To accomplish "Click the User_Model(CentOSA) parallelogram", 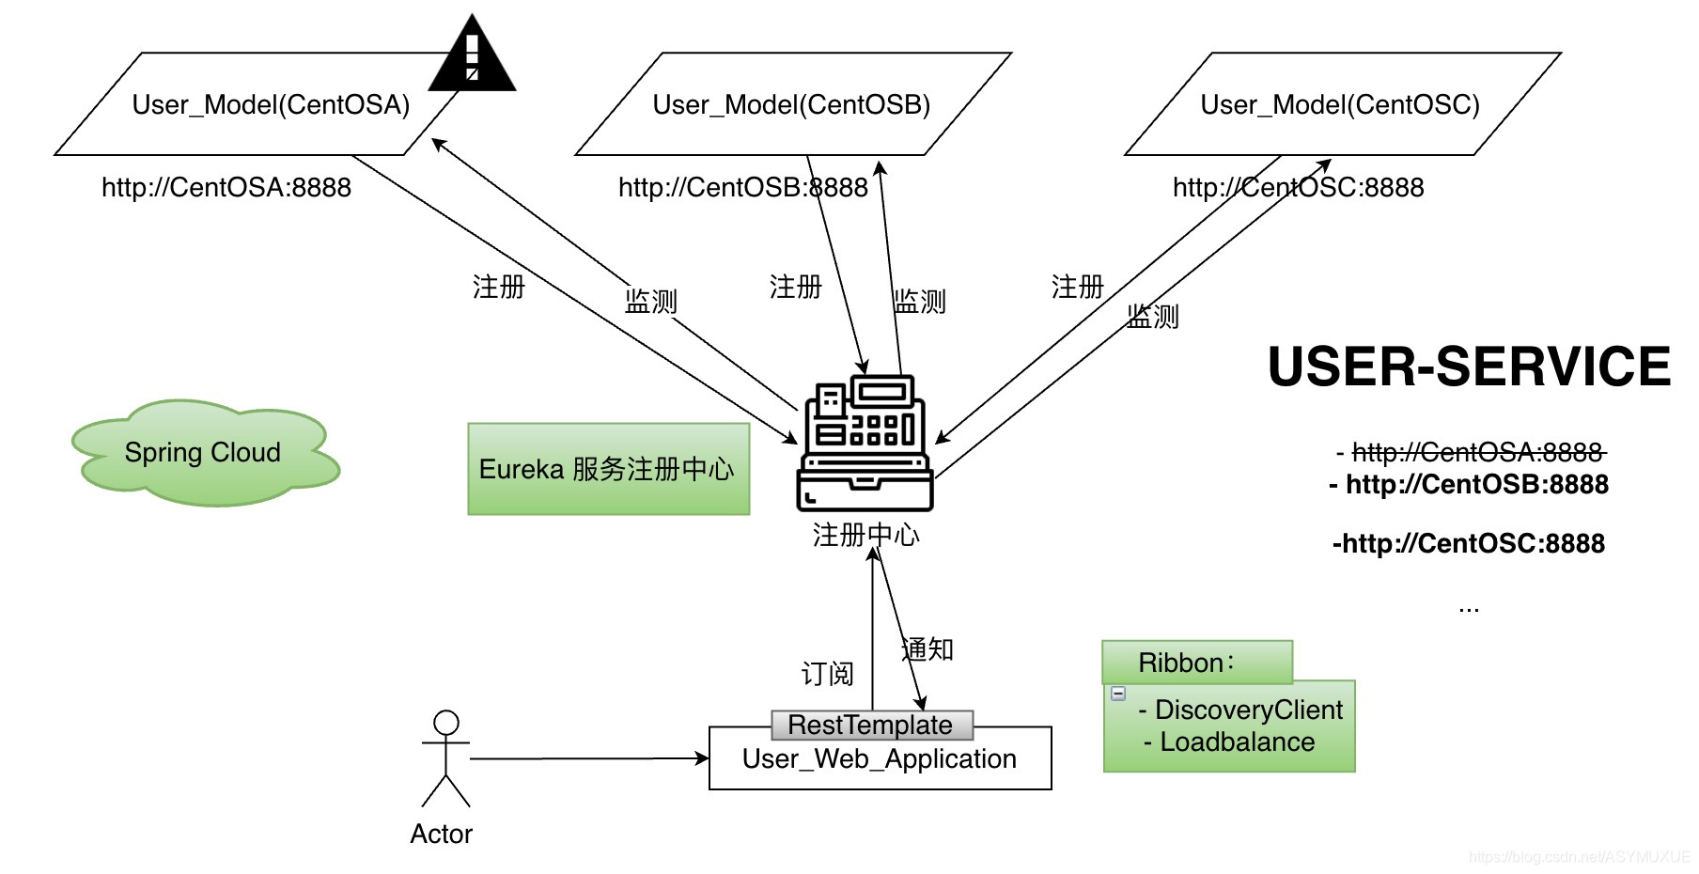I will click(x=254, y=104).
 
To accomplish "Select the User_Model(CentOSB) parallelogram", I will click(x=792, y=104).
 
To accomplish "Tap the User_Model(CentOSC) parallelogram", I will click(x=1341, y=104).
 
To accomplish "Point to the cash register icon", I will click(x=865, y=444).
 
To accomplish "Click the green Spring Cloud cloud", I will click(x=204, y=453).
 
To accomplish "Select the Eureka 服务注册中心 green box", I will click(x=608, y=469).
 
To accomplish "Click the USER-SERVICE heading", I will click(x=1469, y=367).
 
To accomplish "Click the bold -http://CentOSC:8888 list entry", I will click(x=1469, y=543).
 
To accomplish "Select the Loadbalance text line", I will click(x=1236, y=741).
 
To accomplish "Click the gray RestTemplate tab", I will click(x=871, y=725).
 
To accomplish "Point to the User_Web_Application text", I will click(x=879, y=759).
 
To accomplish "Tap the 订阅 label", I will click(x=827, y=674).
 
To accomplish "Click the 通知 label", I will click(x=927, y=649).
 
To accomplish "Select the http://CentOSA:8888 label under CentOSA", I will click(x=226, y=187).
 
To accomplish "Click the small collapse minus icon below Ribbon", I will click(x=1118, y=694).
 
